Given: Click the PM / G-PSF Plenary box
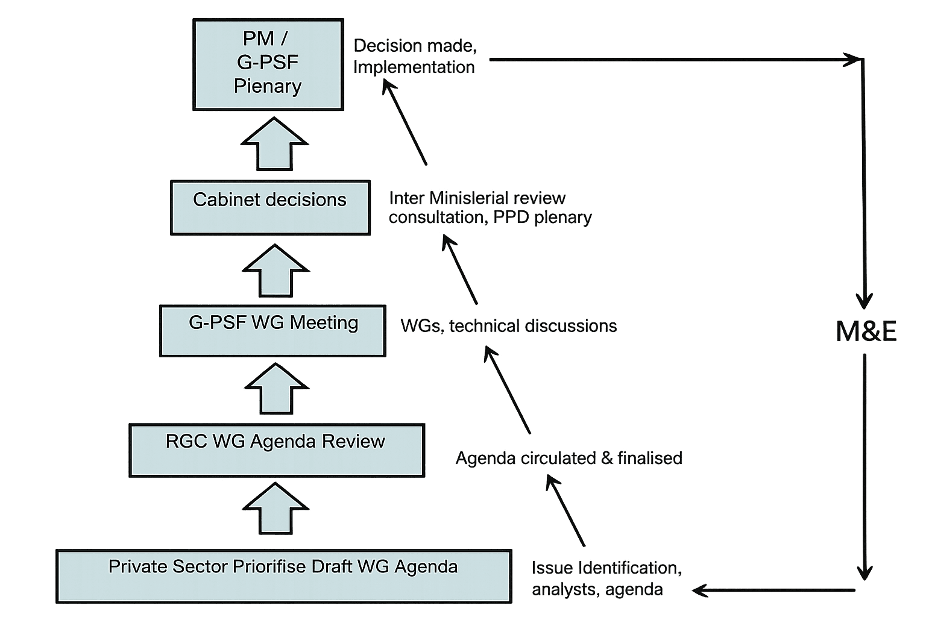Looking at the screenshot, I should (x=268, y=64).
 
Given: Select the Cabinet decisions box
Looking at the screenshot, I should (x=270, y=207).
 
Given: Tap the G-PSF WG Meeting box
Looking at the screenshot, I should (x=272, y=331).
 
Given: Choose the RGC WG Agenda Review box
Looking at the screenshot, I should (x=277, y=450).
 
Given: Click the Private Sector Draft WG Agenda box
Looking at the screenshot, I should (x=283, y=576).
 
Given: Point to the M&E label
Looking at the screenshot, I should (x=866, y=331).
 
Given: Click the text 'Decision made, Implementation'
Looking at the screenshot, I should (x=415, y=56).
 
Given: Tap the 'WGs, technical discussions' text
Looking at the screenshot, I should (x=508, y=326).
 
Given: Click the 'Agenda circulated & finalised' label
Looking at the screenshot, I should (x=569, y=458).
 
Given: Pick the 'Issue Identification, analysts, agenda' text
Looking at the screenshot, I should (x=606, y=578).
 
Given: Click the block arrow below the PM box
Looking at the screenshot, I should (x=274, y=144).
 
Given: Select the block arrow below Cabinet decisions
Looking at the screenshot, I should (x=276, y=271).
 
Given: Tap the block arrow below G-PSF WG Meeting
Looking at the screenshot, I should (x=276, y=389).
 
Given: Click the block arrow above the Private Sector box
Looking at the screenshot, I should (x=276, y=509).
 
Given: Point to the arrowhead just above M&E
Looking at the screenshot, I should (x=865, y=299).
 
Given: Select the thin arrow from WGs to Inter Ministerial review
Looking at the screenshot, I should (x=461, y=270).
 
